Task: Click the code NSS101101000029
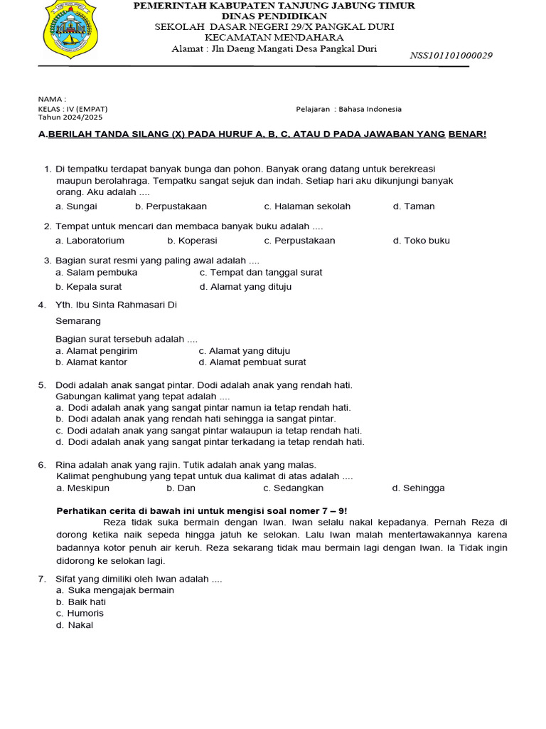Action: (x=451, y=56)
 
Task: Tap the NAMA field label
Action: (x=51, y=99)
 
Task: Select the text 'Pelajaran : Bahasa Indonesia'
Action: (x=348, y=109)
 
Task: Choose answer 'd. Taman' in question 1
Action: (x=414, y=206)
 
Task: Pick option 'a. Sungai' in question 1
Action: (x=76, y=206)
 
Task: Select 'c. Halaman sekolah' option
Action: (x=307, y=206)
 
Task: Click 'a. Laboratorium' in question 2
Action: (x=90, y=241)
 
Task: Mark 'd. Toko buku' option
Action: (x=422, y=241)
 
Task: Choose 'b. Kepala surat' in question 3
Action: (x=89, y=287)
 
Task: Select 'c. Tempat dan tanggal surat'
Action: (x=261, y=273)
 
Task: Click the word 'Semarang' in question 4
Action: (x=78, y=322)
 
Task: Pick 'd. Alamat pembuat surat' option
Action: (x=252, y=362)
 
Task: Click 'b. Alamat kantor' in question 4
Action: (x=92, y=362)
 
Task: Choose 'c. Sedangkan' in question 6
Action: (x=293, y=488)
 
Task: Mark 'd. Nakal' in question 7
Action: (x=75, y=625)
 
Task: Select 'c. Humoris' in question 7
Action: (x=80, y=614)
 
